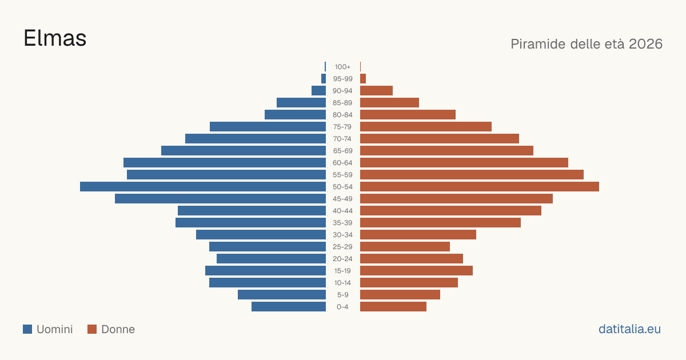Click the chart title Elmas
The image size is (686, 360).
[x=55, y=38]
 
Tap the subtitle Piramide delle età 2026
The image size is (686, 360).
[x=587, y=44]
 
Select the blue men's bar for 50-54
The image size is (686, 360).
[x=203, y=187]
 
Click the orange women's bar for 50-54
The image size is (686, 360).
[x=480, y=187]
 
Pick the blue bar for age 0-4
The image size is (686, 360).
[x=289, y=307]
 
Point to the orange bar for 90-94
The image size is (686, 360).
[x=376, y=91]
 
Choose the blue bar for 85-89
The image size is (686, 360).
[x=301, y=102]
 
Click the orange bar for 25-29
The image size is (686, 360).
[x=405, y=247]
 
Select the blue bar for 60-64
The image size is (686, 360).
[x=225, y=162]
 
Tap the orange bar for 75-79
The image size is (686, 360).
[x=426, y=127]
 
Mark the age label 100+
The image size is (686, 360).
[x=342, y=67]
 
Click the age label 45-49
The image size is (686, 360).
[x=342, y=199]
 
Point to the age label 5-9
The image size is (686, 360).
[x=342, y=295]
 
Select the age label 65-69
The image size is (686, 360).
[x=342, y=151]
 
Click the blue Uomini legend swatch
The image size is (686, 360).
[x=27, y=329]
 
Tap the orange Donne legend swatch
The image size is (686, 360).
[x=92, y=329]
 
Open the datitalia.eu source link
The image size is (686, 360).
[x=629, y=329]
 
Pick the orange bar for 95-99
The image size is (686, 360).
[x=363, y=79]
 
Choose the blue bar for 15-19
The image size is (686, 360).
[x=265, y=271]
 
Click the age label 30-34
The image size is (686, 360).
[x=342, y=235]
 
